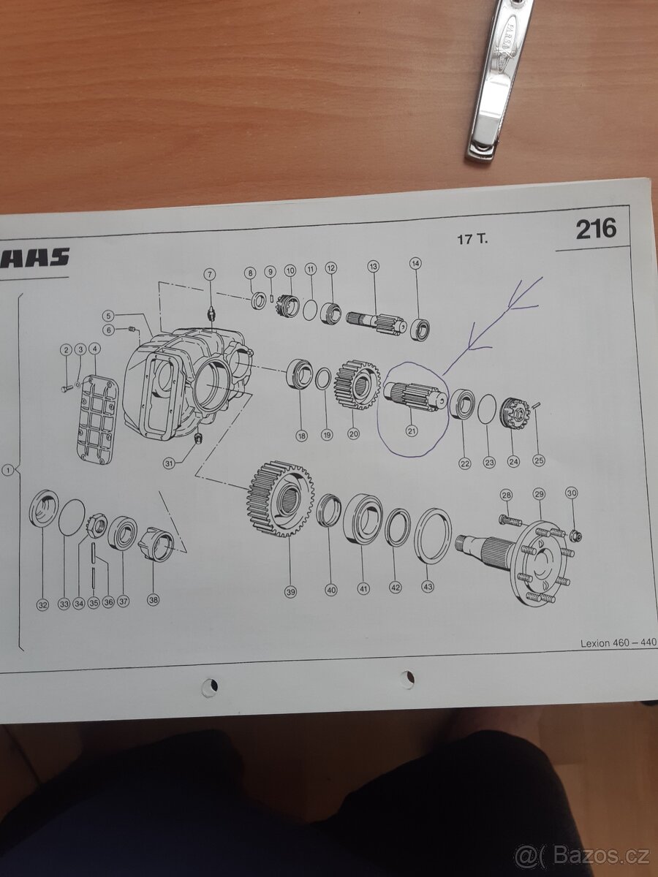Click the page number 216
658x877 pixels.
pyautogui.click(x=595, y=229)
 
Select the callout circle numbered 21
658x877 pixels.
pyautogui.click(x=412, y=431)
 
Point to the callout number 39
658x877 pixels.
pyautogui.click(x=290, y=592)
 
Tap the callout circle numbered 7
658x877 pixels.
pyautogui.click(x=210, y=275)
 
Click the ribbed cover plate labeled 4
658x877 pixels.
pyautogui.click(x=98, y=419)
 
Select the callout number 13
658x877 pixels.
pyautogui.click(x=374, y=268)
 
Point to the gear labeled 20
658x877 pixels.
pyautogui.click(x=357, y=382)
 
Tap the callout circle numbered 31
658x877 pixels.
pyautogui.click(x=169, y=463)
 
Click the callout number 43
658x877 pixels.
pyautogui.click(x=427, y=586)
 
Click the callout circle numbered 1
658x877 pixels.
pyautogui.click(x=8, y=471)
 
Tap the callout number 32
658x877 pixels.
pyautogui.click(x=42, y=604)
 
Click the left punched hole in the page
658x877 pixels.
pyautogui.click(x=210, y=686)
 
